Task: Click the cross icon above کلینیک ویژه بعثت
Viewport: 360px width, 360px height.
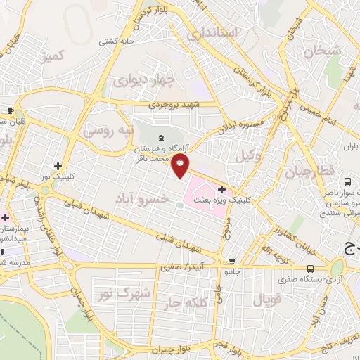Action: click(222, 188)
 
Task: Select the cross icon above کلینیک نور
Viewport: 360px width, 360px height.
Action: click(67, 166)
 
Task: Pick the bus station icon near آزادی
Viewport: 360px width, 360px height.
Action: click(311, 269)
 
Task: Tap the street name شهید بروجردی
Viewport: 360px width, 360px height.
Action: click(175, 105)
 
